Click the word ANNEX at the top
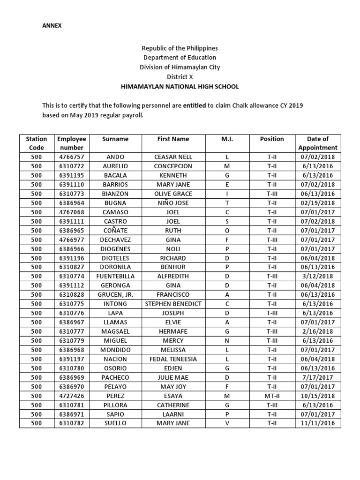pos(52,26)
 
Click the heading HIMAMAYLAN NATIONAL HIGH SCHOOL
pos(180,87)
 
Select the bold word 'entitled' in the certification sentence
pos(194,106)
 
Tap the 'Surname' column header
pos(115,139)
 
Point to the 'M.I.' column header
pos(227,139)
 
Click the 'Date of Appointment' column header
pos(318,143)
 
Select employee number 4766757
pos(71,157)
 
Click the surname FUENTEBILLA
pos(115,277)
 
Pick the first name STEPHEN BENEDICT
pos(173,304)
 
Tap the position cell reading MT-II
pos(272,396)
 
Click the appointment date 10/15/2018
pos(318,396)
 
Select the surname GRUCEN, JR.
pos(115,295)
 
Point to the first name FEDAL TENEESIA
pos(173,359)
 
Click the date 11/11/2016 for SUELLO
pos(318,423)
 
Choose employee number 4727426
pos(71,396)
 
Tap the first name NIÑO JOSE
pos(173,203)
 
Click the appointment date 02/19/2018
pos(318,203)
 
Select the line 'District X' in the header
pos(180,77)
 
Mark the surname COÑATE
pos(115,231)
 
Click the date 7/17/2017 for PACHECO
pos(318,377)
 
